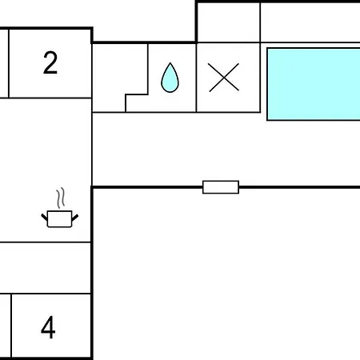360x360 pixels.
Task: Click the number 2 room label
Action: (50, 63)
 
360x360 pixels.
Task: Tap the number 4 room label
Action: (48, 327)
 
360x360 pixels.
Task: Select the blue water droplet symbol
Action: (170, 78)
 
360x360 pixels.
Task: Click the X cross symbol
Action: (223, 78)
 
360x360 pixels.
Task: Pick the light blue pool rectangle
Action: (314, 84)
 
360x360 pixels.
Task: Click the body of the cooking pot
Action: (59, 219)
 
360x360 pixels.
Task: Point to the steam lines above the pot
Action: (61, 198)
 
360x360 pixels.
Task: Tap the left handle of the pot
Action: (44, 217)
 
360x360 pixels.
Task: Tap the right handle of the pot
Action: (75, 218)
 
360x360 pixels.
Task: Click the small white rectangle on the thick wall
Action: (221, 187)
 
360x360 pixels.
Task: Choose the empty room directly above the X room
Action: (228, 22)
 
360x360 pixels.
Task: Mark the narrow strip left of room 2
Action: (4, 63)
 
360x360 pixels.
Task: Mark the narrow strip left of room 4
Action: (6, 326)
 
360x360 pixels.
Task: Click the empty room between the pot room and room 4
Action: (45, 268)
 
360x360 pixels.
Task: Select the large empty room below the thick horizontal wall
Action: (226, 274)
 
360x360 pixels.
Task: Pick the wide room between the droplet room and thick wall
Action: (226, 150)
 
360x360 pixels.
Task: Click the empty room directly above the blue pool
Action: (310, 22)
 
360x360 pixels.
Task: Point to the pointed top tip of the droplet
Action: (170, 63)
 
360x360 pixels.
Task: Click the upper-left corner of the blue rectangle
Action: (267, 48)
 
